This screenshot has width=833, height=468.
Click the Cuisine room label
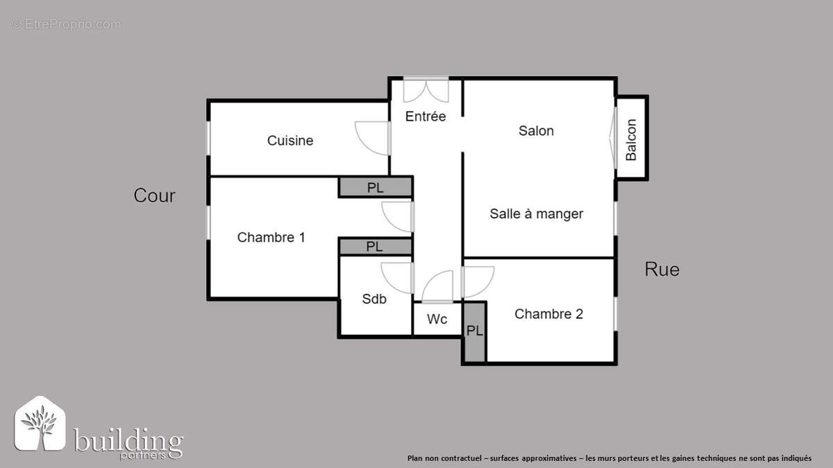tap(290, 141)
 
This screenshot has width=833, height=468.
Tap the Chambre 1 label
tap(271, 237)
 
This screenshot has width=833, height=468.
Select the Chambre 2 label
tap(548, 314)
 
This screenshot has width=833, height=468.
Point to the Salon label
tap(536, 130)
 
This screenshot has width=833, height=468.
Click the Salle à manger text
tap(536, 214)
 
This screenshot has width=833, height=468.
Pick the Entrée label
tap(426, 116)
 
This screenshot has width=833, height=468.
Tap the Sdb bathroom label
tap(374, 299)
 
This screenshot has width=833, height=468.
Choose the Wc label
tap(437, 320)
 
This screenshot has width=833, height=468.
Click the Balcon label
tap(631, 139)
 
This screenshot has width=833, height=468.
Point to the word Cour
tap(154, 196)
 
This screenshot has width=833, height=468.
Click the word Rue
tap(662, 269)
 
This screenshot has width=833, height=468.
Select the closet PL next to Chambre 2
tap(475, 331)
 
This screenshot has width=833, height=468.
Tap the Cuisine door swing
tap(373, 137)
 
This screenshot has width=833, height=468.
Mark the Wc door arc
tap(438, 287)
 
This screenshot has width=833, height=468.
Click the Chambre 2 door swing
tap(476, 281)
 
